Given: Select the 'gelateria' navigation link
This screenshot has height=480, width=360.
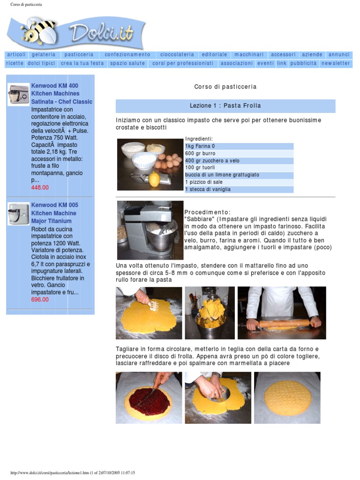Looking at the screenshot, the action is (x=44, y=54).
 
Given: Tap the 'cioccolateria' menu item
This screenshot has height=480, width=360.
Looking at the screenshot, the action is (x=177, y=54).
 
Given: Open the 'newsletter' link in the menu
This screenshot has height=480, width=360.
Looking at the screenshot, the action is (x=336, y=63).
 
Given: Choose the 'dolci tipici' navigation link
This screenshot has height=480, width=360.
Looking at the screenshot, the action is (x=41, y=63).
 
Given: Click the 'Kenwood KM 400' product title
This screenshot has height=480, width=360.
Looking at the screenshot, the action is (x=54, y=86).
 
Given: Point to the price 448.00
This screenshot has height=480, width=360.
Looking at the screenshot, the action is (x=40, y=187).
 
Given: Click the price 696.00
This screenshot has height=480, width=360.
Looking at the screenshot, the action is (x=40, y=300).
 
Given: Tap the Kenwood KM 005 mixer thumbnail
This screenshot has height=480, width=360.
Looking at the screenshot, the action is (x=18, y=214).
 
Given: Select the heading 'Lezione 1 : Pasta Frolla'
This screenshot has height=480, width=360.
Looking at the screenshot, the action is (x=225, y=105).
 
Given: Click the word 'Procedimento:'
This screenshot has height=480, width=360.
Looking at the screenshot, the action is (x=207, y=212).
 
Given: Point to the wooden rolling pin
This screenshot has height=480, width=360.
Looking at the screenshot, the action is (x=284, y=323).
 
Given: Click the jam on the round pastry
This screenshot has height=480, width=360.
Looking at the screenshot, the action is (x=149, y=399).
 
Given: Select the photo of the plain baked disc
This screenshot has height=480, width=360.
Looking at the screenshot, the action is (x=287, y=397).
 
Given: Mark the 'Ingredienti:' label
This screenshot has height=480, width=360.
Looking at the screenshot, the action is (x=199, y=139).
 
